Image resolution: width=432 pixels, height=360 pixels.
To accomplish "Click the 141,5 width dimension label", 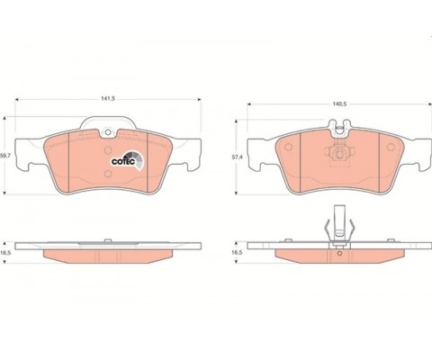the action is coord(108,99).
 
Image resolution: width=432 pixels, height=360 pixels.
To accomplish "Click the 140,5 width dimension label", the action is coord(339,103).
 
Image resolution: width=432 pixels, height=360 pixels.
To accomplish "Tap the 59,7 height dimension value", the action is coord(4,156).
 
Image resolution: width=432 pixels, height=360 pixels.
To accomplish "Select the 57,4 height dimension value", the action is coord(237,157).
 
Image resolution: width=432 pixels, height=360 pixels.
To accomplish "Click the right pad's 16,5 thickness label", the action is coord(237,253).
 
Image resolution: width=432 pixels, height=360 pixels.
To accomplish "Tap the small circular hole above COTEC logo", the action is coord(108,150).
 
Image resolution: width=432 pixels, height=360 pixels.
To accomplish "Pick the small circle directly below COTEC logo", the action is coord(108,174).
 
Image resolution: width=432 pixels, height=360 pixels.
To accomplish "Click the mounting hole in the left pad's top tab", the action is coord(107,132).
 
